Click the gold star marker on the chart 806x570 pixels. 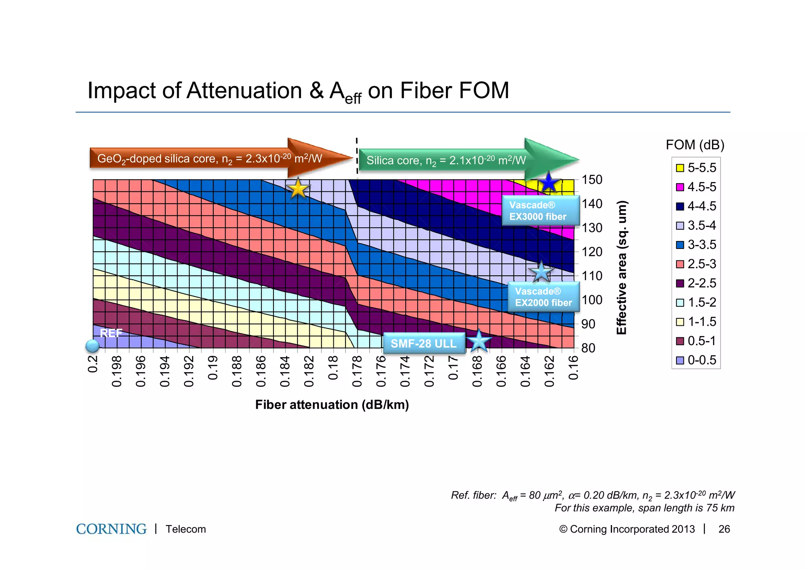(x=298, y=189)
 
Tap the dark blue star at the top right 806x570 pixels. (x=548, y=183)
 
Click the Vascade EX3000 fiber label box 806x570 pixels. (x=540, y=211)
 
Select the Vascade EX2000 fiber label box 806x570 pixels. (x=543, y=297)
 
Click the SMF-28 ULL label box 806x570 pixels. (x=423, y=343)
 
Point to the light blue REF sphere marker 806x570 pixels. (x=92, y=346)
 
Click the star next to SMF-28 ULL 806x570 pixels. (x=479, y=341)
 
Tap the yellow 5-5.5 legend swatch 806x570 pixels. (x=680, y=168)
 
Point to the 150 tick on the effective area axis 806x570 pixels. (x=592, y=180)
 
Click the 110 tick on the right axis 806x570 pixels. (x=592, y=276)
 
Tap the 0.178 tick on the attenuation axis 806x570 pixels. (x=357, y=371)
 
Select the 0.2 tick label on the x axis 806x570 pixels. (x=92, y=364)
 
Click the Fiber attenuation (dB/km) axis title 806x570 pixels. (x=332, y=405)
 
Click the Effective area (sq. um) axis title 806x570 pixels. (x=621, y=268)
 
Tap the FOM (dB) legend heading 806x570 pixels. (x=695, y=145)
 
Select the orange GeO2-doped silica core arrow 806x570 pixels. (x=216, y=158)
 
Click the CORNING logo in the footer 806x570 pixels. (x=111, y=529)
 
